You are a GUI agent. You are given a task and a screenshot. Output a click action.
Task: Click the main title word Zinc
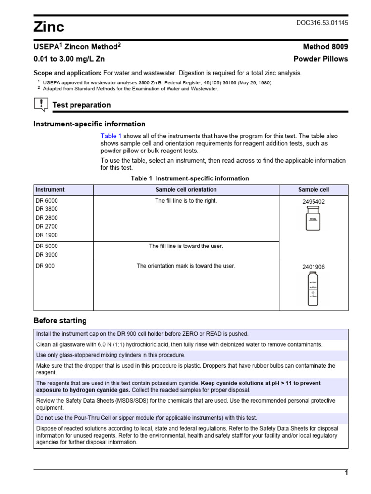[x=49, y=27]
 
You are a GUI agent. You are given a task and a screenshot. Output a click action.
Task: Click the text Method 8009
[x=325, y=47]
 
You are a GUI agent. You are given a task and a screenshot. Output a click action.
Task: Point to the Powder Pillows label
[x=321, y=59]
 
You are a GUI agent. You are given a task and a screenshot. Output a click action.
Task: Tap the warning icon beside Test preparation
[x=41, y=104]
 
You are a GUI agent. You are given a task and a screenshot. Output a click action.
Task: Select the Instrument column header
[x=50, y=190]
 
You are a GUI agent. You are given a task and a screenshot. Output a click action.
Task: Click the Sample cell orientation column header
[x=186, y=190]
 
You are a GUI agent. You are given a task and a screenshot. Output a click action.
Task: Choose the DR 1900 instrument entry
[x=46, y=235]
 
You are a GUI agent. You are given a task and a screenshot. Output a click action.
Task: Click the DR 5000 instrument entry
[x=46, y=246]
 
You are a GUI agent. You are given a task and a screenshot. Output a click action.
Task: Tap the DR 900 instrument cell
[x=45, y=266]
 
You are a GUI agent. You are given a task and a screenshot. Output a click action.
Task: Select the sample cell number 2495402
[x=314, y=202]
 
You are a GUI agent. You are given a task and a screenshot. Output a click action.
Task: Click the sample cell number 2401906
[x=314, y=267]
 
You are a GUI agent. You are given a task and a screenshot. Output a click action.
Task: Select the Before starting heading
[x=60, y=321]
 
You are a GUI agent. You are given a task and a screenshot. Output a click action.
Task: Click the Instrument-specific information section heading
[x=89, y=124]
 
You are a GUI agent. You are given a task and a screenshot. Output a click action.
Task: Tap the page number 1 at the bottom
[x=346, y=473]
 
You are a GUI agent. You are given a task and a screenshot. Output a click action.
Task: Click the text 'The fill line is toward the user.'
[x=186, y=246]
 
